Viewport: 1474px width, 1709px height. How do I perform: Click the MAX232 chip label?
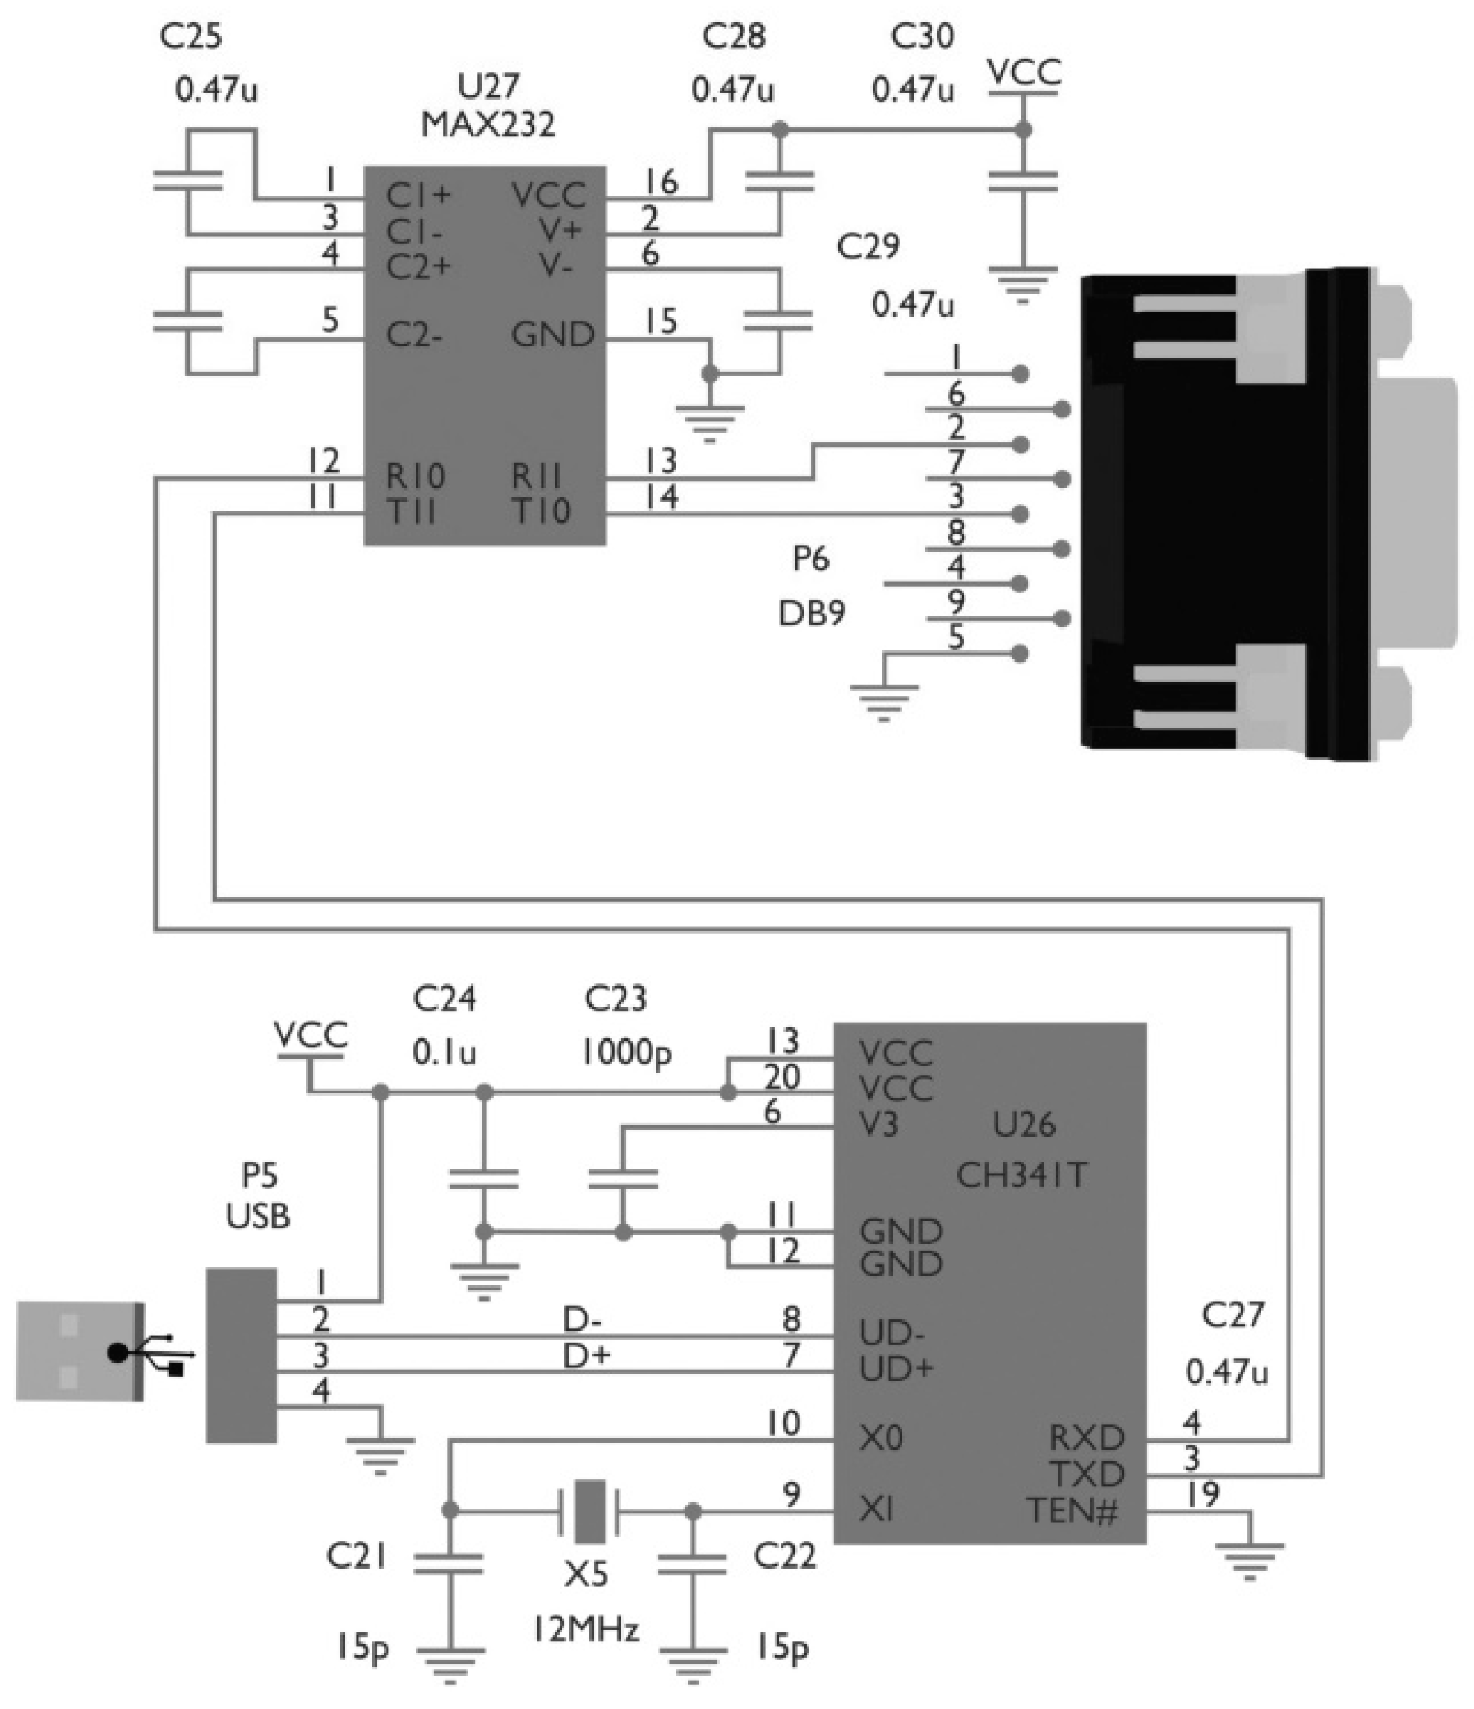488,125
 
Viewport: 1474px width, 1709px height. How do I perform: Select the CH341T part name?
1021,1175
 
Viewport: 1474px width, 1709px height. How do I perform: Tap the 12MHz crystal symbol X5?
589,1511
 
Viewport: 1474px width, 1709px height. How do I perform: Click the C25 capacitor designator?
190,36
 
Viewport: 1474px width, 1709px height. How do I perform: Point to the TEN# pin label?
1073,1512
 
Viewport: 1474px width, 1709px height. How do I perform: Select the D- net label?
582,1320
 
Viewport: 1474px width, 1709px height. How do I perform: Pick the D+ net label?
585,1356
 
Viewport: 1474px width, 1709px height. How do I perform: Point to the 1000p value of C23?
626,1053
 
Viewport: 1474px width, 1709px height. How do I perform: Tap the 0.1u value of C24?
445,1053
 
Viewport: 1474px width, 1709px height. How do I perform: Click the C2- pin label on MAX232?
414,336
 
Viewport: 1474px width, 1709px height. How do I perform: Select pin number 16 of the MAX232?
661,181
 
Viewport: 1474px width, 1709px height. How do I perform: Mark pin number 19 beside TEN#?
1203,1493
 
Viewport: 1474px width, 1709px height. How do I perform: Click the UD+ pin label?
896,1370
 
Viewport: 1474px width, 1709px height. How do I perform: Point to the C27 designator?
1232,1315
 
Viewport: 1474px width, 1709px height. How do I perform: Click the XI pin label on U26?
876,1511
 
